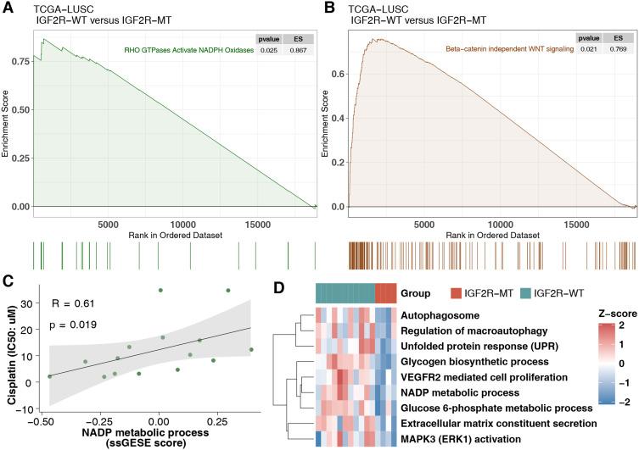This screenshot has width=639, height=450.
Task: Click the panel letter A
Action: (x=7, y=8)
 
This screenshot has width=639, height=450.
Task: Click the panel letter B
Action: (x=325, y=8)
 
